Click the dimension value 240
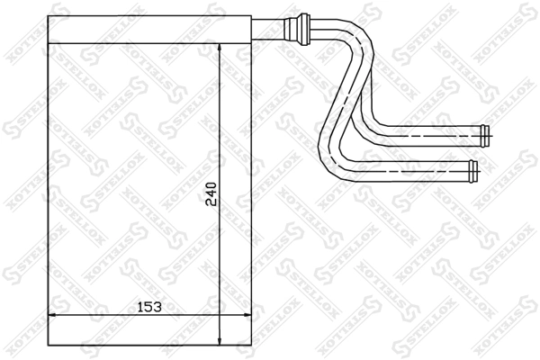click(x=211, y=193)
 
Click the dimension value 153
click(x=149, y=306)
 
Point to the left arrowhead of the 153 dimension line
click(x=50, y=315)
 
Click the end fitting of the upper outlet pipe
click(x=486, y=136)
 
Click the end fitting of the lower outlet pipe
click(x=474, y=167)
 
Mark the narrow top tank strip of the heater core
click(x=148, y=29)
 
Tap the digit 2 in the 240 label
click(x=211, y=202)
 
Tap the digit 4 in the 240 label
click(x=211, y=193)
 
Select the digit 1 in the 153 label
click(x=140, y=306)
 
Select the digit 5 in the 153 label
click(x=149, y=306)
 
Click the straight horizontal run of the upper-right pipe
click(x=432, y=136)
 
